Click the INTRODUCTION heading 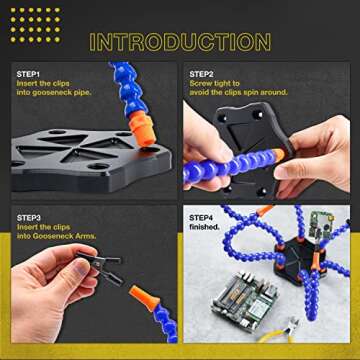(x=180, y=41)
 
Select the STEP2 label (x=203, y=73)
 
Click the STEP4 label (x=203, y=215)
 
